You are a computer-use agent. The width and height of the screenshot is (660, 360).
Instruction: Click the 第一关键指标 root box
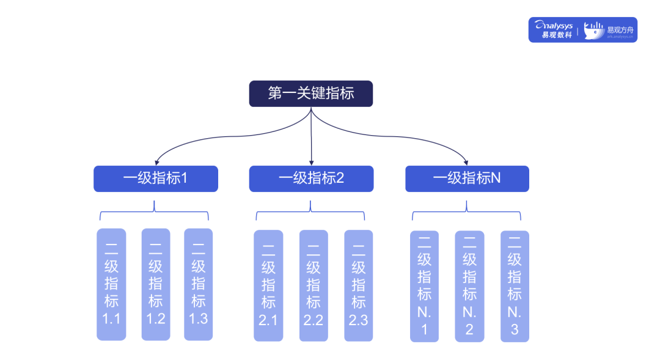(x=310, y=94)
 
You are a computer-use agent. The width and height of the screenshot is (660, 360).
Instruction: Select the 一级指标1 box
(x=155, y=178)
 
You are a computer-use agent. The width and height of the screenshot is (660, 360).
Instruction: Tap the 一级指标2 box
(x=311, y=178)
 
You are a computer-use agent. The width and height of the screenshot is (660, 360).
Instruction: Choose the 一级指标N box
(x=467, y=178)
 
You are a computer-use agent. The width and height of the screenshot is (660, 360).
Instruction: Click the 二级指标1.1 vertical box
(x=111, y=284)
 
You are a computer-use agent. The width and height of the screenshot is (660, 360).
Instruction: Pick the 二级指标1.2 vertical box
(x=156, y=284)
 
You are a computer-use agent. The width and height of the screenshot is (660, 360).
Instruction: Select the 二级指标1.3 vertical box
(x=199, y=284)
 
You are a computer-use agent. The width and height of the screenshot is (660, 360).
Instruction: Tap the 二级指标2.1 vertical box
(x=268, y=285)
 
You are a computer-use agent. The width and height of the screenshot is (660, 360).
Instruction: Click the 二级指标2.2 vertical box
(x=313, y=285)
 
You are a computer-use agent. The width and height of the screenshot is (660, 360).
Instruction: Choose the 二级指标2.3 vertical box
(x=358, y=285)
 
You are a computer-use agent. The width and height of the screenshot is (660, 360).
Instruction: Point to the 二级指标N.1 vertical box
(x=424, y=286)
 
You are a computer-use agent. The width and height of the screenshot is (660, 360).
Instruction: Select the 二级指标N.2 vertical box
(x=469, y=286)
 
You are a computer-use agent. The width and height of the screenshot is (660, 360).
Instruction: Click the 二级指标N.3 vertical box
(x=515, y=286)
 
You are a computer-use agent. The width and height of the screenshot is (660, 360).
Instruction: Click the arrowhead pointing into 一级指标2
(x=311, y=163)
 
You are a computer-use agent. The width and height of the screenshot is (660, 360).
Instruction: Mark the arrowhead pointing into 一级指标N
(x=466, y=163)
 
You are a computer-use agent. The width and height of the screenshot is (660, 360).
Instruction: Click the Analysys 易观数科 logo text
(x=553, y=30)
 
